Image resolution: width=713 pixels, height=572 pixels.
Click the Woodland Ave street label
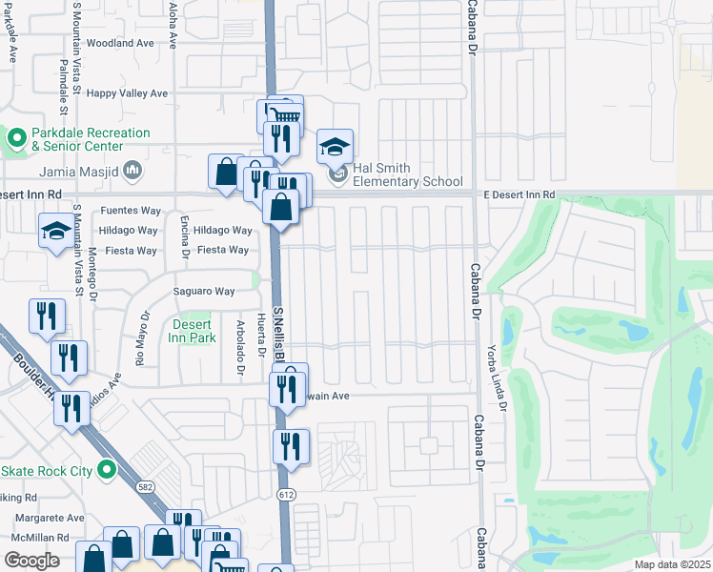(119, 44)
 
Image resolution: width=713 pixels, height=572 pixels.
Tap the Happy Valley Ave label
(127, 93)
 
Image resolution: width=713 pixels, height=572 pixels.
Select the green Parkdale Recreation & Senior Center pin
(16, 139)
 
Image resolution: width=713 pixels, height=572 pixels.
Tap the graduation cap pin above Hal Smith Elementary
(335, 147)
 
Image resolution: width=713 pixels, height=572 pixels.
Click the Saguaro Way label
(203, 292)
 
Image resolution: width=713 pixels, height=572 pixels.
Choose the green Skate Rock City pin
(108, 471)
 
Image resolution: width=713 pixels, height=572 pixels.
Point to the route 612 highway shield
(286, 494)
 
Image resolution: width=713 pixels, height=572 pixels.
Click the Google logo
(31, 561)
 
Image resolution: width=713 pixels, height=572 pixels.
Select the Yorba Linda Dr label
(493, 378)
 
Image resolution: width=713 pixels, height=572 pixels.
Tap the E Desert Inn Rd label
(519, 195)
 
